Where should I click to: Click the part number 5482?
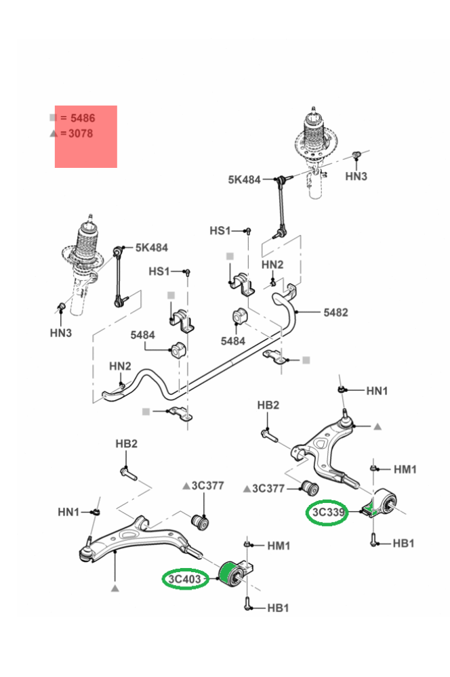[335, 312]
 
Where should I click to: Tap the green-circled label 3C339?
[329, 513]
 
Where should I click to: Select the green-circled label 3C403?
[186, 580]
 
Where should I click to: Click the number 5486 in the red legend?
[83, 118]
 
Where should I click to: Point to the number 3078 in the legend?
[81, 133]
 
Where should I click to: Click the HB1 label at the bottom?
[278, 608]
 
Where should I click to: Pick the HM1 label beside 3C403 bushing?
[279, 545]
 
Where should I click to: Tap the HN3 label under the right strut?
[356, 176]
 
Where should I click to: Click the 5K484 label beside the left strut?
[152, 248]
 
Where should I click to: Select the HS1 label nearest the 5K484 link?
[220, 230]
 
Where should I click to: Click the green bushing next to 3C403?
[231, 574]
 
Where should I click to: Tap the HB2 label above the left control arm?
[127, 443]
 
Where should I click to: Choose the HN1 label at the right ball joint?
[377, 391]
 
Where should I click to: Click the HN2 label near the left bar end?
[120, 366]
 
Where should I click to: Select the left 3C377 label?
[207, 485]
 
